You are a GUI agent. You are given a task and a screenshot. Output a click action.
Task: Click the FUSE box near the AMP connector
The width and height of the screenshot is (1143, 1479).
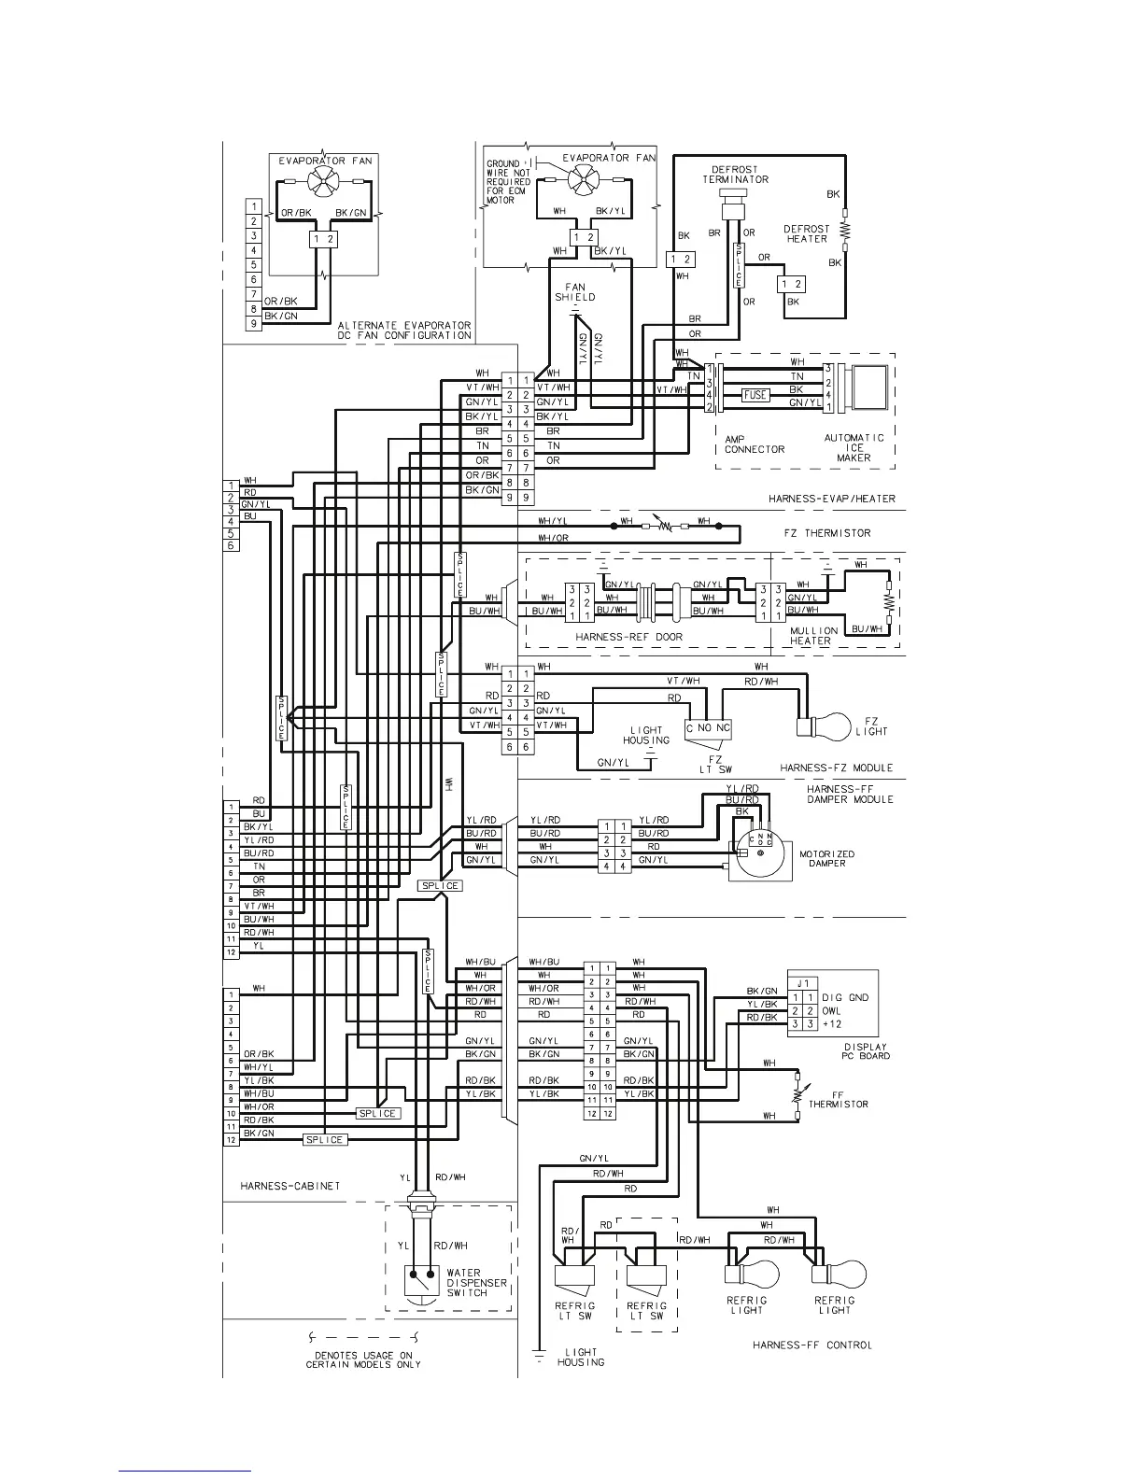click(x=755, y=395)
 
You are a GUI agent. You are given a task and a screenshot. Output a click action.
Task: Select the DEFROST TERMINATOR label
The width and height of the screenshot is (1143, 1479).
click(x=736, y=175)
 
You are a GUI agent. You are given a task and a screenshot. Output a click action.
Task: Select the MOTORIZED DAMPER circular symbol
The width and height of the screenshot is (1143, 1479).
click(x=760, y=853)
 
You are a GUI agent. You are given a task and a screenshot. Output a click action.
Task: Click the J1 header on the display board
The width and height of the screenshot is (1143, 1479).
click(x=803, y=983)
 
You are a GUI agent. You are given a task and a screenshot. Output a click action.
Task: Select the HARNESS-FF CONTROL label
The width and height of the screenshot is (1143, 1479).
click(x=812, y=1345)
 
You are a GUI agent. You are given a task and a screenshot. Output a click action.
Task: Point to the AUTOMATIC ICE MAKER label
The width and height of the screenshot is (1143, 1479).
click(x=854, y=447)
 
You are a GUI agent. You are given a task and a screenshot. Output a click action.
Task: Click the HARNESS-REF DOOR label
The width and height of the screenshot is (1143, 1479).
click(x=628, y=637)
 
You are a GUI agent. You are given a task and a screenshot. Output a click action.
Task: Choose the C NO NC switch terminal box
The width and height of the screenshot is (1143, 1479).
click(x=710, y=727)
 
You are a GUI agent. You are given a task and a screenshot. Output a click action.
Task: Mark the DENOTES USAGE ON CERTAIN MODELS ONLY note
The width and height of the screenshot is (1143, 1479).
click(x=363, y=1359)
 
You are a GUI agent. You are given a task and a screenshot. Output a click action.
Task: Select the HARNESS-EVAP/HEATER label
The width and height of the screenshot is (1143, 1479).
click(x=831, y=499)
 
